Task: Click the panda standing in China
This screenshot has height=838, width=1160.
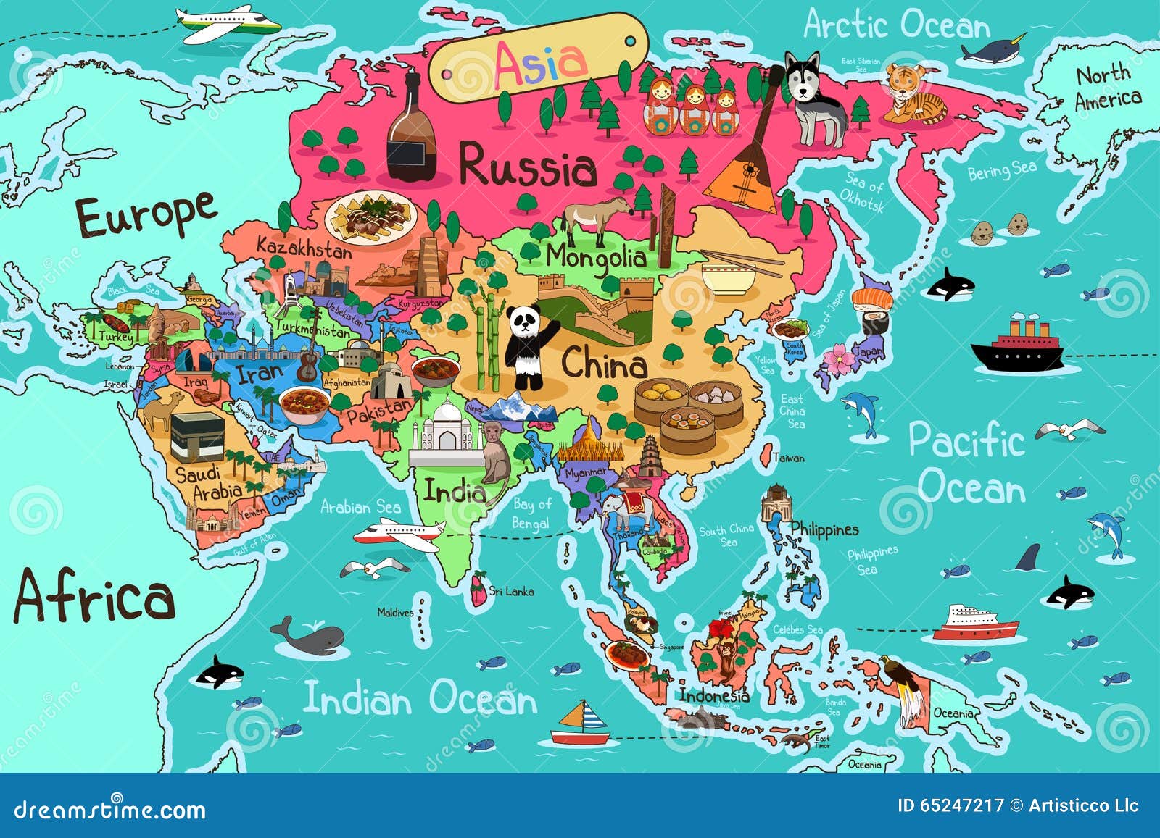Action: click(527, 346)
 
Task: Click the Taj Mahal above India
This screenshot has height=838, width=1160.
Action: click(447, 435)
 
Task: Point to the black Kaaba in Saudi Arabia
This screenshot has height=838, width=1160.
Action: click(196, 437)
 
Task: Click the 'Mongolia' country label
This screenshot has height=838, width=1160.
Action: click(595, 259)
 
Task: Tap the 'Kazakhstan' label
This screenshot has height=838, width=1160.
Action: click(304, 248)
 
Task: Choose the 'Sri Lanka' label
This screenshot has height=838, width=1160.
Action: click(511, 592)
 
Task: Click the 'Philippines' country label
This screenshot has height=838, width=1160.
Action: click(824, 529)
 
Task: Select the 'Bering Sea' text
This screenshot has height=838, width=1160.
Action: click(1002, 171)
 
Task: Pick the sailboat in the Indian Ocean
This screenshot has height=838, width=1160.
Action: click(581, 724)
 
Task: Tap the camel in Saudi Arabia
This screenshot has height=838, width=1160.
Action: click(161, 409)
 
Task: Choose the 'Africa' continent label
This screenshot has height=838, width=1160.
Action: click(94, 596)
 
